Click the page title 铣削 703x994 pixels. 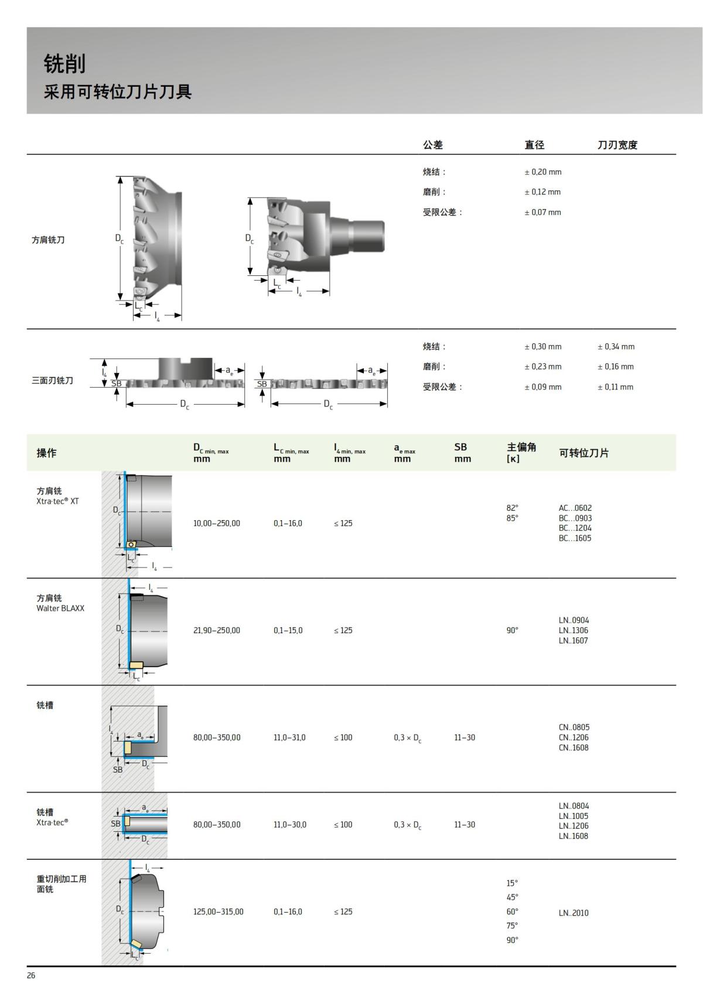pyautogui.click(x=64, y=64)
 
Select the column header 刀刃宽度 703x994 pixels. pyautogui.click(x=617, y=145)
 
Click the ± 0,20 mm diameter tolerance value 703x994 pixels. pyautogui.click(x=542, y=172)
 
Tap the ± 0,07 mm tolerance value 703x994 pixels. pyautogui.click(x=542, y=213)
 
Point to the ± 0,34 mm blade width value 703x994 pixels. pyautogui.click(x=616, y=347)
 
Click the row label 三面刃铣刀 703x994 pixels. pyautogui.click(x=52, y=381)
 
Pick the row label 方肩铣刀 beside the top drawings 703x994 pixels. pyautogui.click(x=48, y=240)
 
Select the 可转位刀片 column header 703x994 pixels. pyautogui.click(x=583, y=453)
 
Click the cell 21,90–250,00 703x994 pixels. pyautogui.click(x=216, y=631)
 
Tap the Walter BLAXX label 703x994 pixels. pyautogui.click(x=60, y=609)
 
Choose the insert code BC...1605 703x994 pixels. pyautogui.click(x=575, y=538)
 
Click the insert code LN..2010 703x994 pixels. pyautogui.click(x=574, y=913)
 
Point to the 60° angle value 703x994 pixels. pyautogui.click(x=512, y=912)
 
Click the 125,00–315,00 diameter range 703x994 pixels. pyautogui.click(x=218, y=912)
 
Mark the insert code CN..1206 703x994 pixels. pyautogui.click(x=574, y=738)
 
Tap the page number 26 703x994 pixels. pyautogui.click(x=31, y=975)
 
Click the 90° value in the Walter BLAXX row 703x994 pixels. pyautogui.click(x=512, y=631)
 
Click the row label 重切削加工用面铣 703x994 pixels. pyautogui.click(x=61, y=884)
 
